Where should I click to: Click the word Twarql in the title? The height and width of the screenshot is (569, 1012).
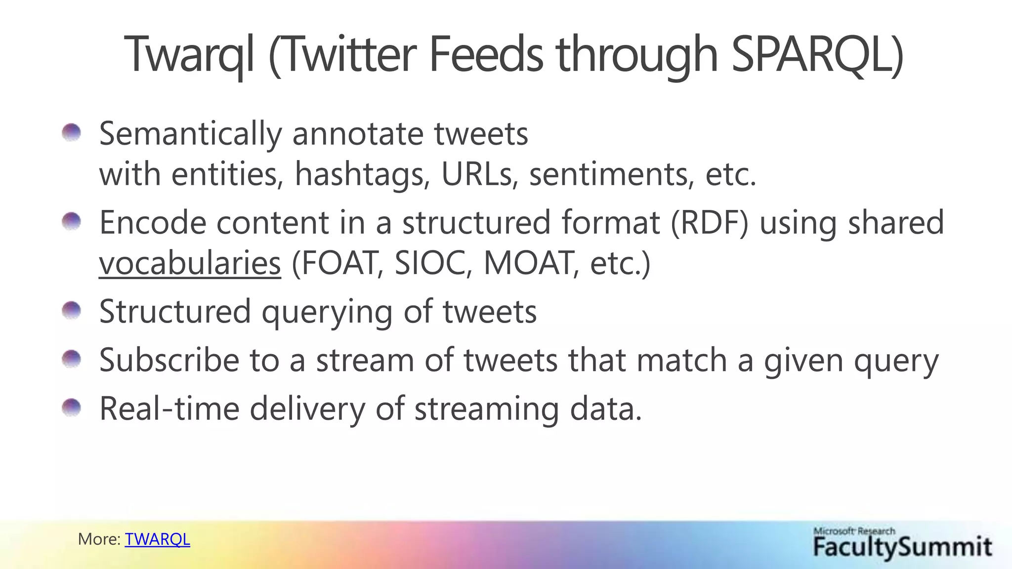coord(189,54)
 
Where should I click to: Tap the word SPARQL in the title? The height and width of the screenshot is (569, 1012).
coord(816,54)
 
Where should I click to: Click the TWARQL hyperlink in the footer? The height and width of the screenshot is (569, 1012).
coord(157,539)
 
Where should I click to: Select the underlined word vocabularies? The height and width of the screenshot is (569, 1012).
coord(190,263)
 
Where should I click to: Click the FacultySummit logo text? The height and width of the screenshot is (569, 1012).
coord(902,547)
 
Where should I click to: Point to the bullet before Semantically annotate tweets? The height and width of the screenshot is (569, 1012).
coord(72,132)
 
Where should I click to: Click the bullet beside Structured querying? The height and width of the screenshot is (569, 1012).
coord(72,311)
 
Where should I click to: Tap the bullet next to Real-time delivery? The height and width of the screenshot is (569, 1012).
coord(72,408)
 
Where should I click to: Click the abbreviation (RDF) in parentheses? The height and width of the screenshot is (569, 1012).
coord(710,223)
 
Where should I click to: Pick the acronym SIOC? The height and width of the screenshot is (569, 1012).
coord(430,263)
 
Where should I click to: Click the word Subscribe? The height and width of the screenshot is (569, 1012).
coord(169,360)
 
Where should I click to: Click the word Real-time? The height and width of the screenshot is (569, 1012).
coord(169,409)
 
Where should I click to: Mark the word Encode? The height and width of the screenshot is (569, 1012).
coord(152,223)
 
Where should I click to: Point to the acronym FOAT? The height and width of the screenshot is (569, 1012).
coord(338,263)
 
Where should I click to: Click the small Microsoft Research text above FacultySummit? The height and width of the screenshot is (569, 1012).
coord(854,531)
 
